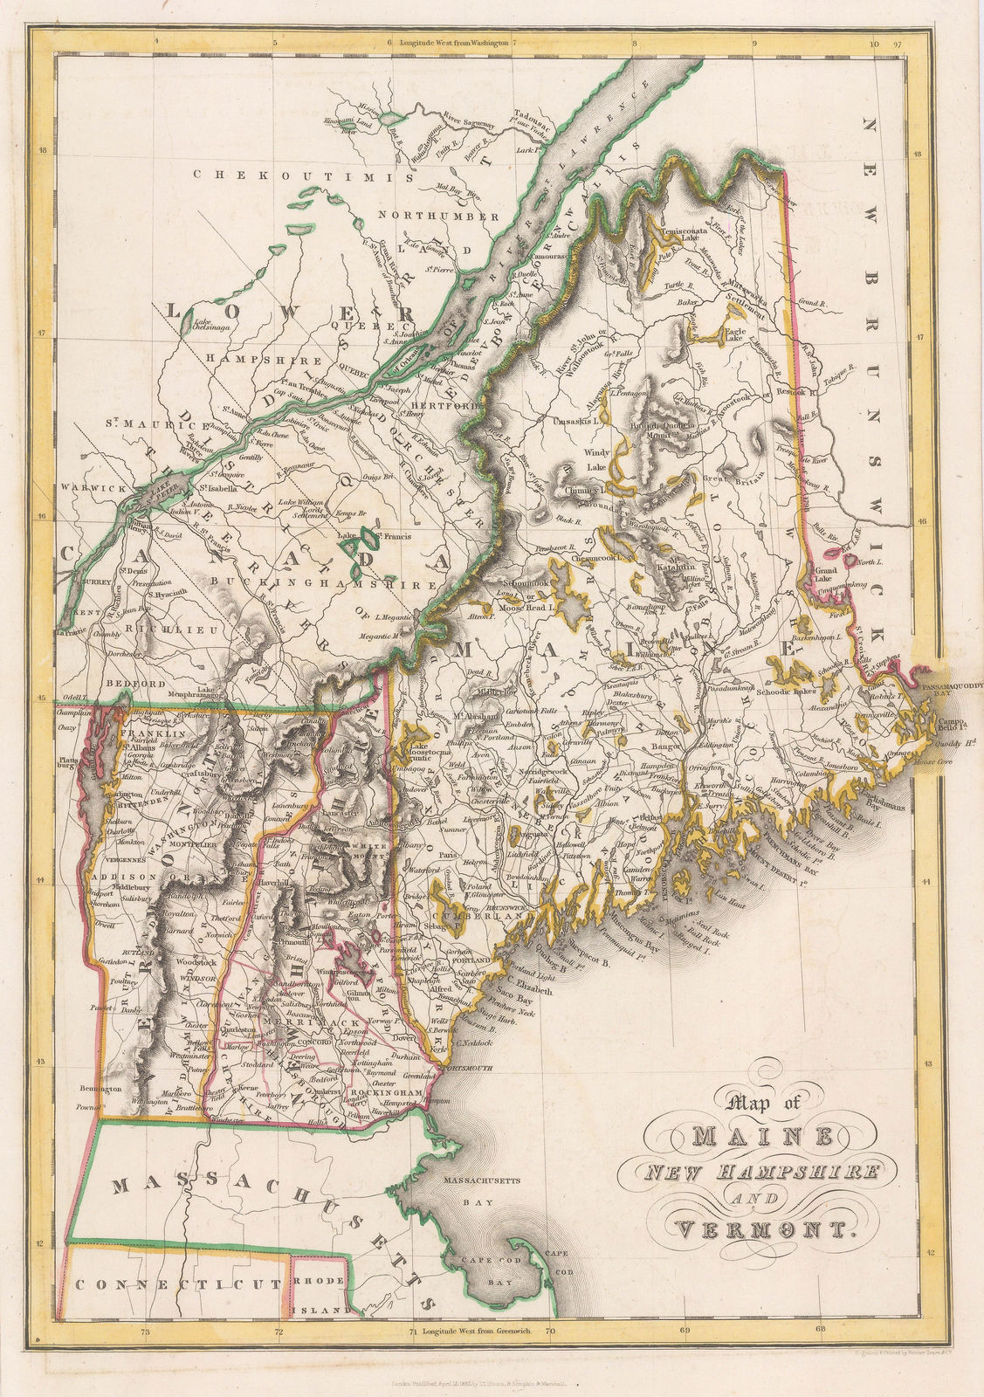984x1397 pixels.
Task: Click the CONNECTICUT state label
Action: click(177, 1285)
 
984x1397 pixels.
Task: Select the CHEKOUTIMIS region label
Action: click(301, 175)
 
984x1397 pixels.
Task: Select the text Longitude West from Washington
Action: click(453, 41)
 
